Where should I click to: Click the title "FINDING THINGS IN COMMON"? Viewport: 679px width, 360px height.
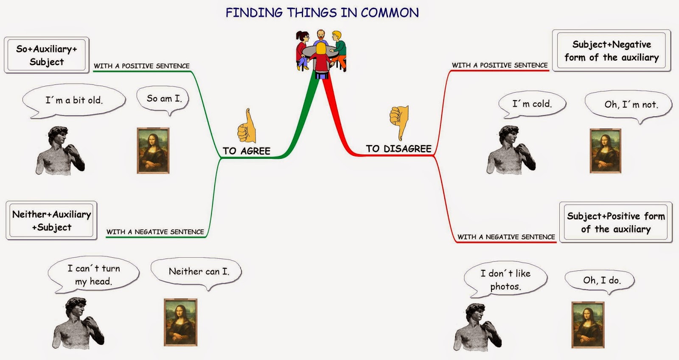coord(322,13)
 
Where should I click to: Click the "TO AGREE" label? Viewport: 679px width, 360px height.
coord(247,151)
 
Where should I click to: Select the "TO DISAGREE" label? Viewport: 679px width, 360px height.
coord(398,149)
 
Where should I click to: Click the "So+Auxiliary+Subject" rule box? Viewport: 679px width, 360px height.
coord(47,55)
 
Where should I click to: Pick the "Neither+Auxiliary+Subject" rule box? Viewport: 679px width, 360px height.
coord(51,220)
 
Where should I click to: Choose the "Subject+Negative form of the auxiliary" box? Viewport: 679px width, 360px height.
coord(612,51)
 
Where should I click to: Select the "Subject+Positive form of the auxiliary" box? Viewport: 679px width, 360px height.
coord(616,222)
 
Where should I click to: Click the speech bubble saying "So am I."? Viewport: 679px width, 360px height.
coord(163,99)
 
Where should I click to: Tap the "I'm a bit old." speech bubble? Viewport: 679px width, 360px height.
coord(74,101)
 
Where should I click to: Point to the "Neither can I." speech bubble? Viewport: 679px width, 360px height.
coord(196,273)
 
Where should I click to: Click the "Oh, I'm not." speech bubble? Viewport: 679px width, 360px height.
coord(628,105)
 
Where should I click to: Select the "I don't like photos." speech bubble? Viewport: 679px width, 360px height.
coord(505,280)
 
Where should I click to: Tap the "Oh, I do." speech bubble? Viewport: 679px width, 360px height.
coord(600,281)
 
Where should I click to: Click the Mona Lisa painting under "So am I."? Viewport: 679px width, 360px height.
coord(153,150)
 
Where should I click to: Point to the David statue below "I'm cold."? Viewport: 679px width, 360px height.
coord(511,150)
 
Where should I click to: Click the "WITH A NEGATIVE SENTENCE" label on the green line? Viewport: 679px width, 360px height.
coord(155,232)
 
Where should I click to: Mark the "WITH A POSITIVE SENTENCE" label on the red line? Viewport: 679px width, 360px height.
coord(500,65)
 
